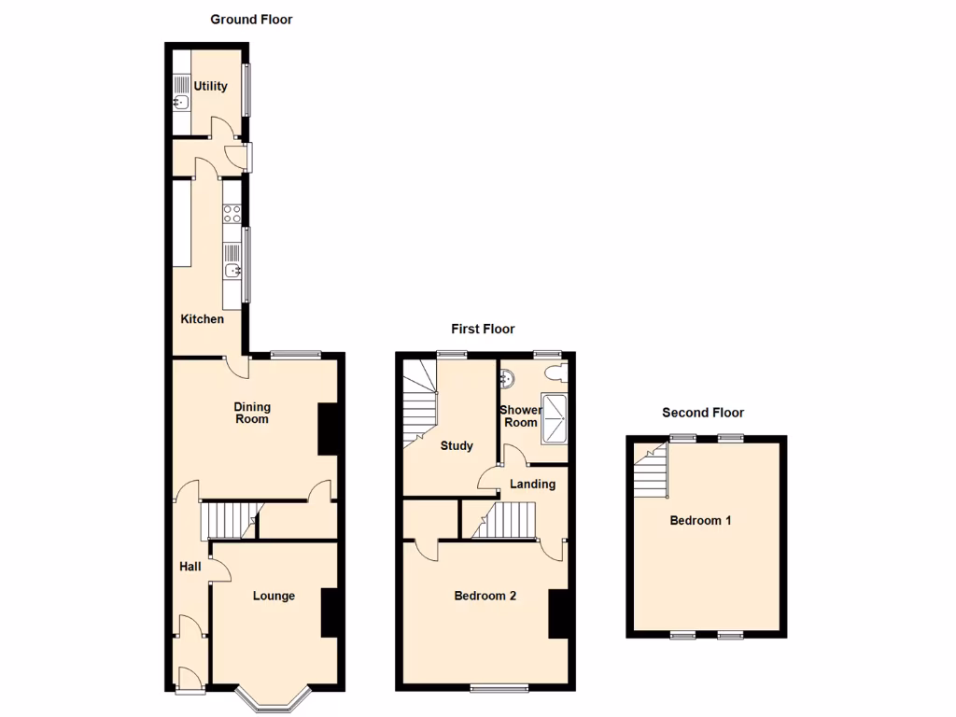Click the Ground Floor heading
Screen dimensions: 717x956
[x=251, y=19]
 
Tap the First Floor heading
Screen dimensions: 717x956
[x=483, y=329]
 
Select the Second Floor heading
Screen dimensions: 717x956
[x=703, y=413]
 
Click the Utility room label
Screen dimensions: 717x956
[x=210, y=86]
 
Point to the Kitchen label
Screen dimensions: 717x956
[x=203, y=319]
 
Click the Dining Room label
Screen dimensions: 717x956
[x=252, y=413]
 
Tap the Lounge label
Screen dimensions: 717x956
[x=274, y=596]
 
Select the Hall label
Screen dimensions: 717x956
[x=190, y=566]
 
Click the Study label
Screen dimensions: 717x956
[x=457, y=445]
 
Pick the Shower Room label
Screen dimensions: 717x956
[x=520, y=416]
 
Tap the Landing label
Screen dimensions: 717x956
[x=532, y=484]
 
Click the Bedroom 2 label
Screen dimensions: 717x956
[x=485, y=596]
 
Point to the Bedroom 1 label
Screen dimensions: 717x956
[x=700, y=520]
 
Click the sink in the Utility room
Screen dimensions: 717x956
[x=181, y=103]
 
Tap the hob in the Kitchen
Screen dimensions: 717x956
[x=232, y=214]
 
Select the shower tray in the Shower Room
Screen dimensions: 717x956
[x=555, y=417]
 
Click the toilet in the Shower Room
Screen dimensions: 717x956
[x=555, y=373]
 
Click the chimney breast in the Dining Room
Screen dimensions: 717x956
[x=328, y=429]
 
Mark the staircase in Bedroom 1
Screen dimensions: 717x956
[x=652, y=472]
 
